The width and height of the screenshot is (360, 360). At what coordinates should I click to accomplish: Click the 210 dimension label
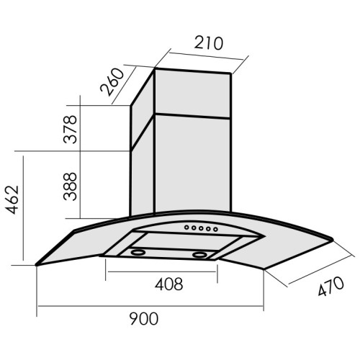point(209,43)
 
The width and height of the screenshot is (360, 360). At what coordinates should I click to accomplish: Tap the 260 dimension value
point(112,82)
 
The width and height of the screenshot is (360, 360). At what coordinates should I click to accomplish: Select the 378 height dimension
point(70,130)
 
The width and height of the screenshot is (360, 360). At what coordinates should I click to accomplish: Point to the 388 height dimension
point(70,186)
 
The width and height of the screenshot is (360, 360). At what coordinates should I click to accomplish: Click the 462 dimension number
point(12,199)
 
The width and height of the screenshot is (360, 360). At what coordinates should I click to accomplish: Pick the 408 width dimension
point(169,284)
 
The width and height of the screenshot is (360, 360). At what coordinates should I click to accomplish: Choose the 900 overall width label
point(144,318)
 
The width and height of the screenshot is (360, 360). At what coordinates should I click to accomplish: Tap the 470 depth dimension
point(331,287)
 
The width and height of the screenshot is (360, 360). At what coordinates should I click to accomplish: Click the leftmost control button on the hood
point(186,227)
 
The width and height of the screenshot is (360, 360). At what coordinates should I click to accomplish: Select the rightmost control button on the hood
point(215,230)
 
